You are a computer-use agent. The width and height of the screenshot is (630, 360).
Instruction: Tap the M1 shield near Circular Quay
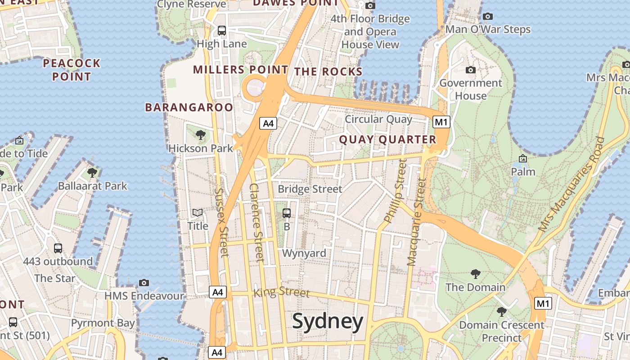(441, 122)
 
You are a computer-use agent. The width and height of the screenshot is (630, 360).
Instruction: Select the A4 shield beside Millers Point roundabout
(268, 123)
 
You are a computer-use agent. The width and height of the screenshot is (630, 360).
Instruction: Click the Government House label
(471, 89)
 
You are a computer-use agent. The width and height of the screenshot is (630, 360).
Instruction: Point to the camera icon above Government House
(471, 70)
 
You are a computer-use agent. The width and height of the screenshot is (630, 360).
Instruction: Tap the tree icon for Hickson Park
(201, 135)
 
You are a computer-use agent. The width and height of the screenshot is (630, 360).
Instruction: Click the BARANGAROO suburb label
(189, 107)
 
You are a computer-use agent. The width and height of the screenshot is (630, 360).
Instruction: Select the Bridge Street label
(310, 189)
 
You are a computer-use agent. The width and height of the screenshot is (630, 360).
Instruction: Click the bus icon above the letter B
(287, 213)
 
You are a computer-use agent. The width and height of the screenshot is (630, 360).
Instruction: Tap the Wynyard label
(304, 253)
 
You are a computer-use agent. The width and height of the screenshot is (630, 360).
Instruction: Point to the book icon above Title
(198, 212)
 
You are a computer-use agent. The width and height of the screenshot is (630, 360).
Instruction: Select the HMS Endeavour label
(144, 296)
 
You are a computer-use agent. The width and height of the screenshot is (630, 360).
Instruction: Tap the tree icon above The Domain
(475, 274)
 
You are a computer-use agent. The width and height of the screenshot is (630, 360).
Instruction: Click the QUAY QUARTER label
(387, 139)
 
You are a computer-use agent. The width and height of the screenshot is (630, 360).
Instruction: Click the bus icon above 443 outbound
(58, 248)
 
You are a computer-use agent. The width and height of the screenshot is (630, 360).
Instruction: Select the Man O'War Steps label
(488, 30)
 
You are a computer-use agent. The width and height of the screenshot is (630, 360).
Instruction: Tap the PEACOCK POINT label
(72, 70)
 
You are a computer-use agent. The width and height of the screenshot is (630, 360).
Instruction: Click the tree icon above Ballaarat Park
(93, 172)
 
